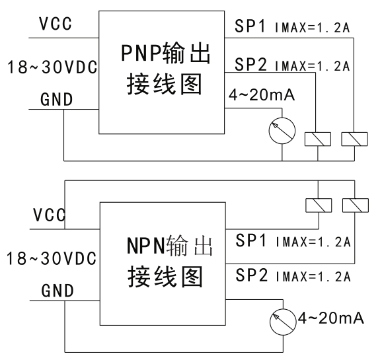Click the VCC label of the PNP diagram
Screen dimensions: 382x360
tap(56, 24)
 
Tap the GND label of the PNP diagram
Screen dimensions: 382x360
tap(57, 99)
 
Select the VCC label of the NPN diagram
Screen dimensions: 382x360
tap(50, 215)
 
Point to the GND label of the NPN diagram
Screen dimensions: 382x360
tap(57, 291)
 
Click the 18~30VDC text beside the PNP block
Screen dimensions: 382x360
tap(52, 67)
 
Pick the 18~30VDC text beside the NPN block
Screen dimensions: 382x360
tap(52, 258)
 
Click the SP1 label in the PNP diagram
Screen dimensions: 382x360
tap(250, 26)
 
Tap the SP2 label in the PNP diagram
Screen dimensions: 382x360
tap(250, 64)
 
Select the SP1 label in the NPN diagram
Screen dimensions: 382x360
tap(251, 240)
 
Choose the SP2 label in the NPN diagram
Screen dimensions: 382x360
tap(252, 275)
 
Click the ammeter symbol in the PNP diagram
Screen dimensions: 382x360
tap(282, 131)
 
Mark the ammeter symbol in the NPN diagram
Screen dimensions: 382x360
tap(283, 322)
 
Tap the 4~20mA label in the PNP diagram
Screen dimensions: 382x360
tap(262, 94)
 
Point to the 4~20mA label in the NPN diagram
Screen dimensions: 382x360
tap(331, 318)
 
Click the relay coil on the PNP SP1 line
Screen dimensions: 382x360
tap(354, 139)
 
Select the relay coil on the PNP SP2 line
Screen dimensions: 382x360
tap(318, 139)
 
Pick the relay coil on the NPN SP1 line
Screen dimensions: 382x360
tap(319, 205)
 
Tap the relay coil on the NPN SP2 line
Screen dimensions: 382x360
tap(356, 205)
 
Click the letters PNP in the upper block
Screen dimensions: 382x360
tap(141, 53)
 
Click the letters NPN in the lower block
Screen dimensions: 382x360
tap(146, 246)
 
